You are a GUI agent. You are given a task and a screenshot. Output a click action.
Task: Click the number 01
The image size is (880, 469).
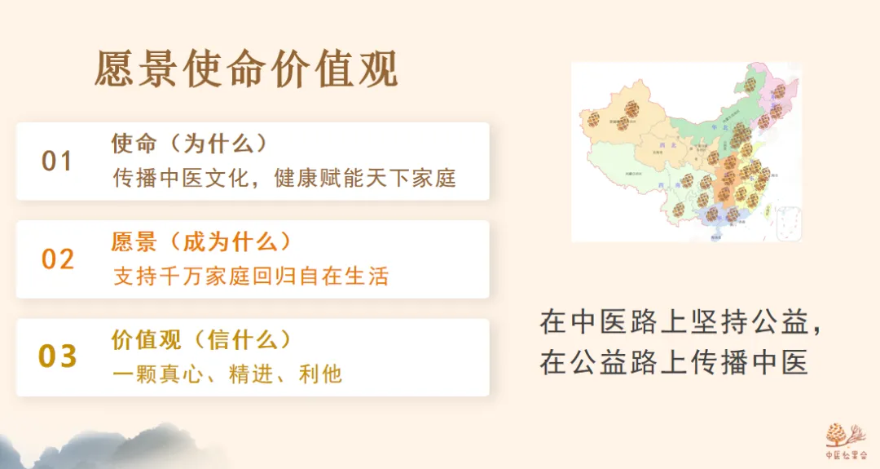[x=57, y=161]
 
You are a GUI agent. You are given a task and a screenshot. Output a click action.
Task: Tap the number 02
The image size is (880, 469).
[x=58, y=259]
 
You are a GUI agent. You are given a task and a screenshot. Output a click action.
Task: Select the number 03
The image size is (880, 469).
[x=58, y=356]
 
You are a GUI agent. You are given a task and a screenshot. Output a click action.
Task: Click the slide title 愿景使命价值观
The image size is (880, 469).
[x=246, y=69]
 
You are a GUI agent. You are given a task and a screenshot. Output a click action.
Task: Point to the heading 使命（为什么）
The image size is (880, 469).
[x=190, y=144]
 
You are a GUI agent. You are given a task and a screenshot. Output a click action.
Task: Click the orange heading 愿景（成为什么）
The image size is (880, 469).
[x=201, y=242]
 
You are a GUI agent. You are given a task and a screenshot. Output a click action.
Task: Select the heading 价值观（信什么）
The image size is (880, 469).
[x=201, y=339]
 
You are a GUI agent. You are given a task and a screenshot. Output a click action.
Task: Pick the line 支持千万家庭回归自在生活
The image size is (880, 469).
[x=251, y=277]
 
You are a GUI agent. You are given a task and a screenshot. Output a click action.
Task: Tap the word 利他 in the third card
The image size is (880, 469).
[x=322, y=374]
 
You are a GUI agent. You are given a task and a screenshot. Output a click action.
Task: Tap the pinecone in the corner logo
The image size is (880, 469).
[x=836, y=433]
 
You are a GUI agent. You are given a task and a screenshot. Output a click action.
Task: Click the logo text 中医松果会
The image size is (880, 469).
[x=844, y=455]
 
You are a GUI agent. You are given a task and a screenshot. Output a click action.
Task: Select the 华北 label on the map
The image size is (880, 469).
[x=718, y=129]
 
